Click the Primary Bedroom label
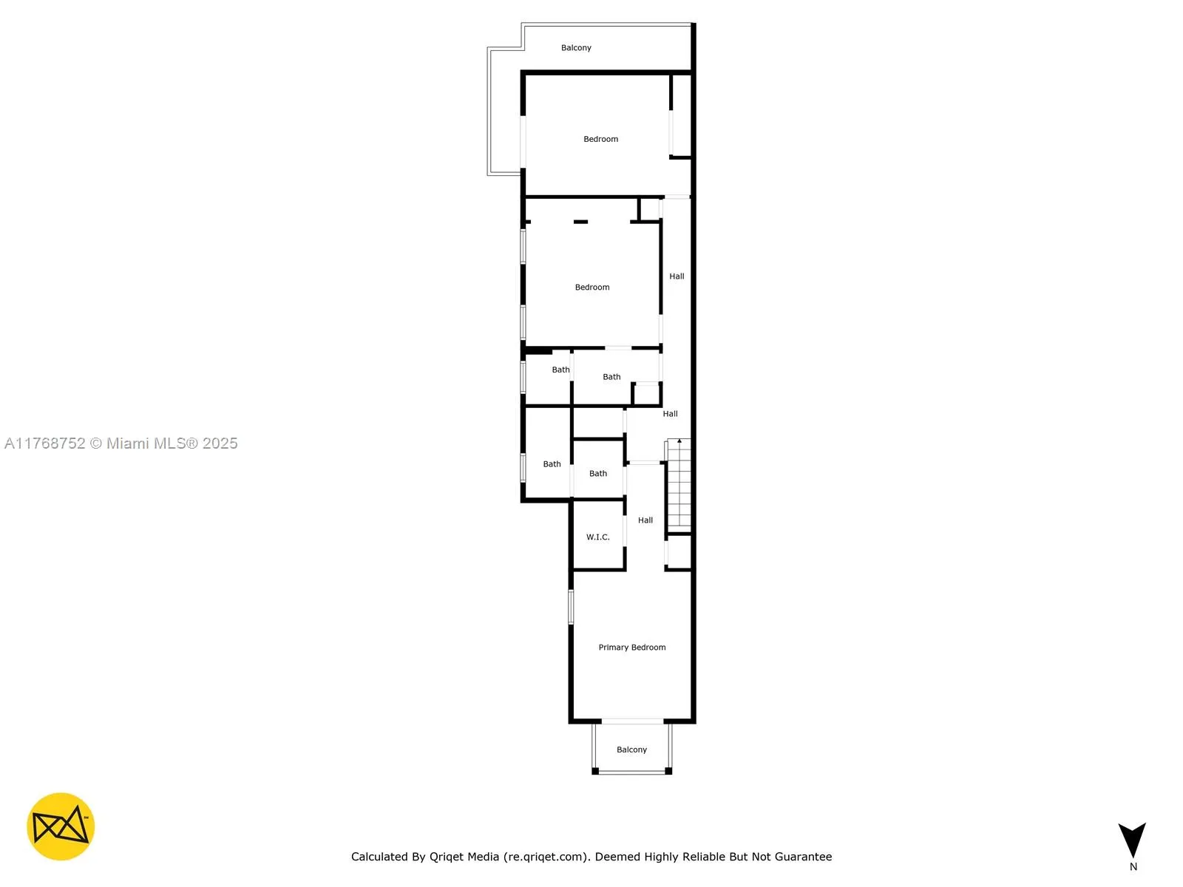click(x=631, y=647)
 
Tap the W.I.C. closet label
click(x=597, y=537)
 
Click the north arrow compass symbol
click(x=1132, y=840)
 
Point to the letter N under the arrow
click(x=1133, y=867)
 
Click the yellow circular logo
click(x=61, y=826)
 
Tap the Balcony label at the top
click(x=576, y=48)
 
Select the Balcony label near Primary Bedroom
click(x=631, y=750)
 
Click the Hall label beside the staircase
click(x=645, y=520)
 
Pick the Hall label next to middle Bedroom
click(x=677, y=276)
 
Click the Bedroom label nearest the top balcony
click(x=600, y=139)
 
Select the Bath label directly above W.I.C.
click(x=597, y=474)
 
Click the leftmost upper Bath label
click(x=560, y=370)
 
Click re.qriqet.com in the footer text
click(x=546, y=857)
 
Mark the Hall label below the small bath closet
click(x=670, y=414)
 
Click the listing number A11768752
click(x=44, y=443)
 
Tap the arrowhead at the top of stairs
click(x=679, y=441)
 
